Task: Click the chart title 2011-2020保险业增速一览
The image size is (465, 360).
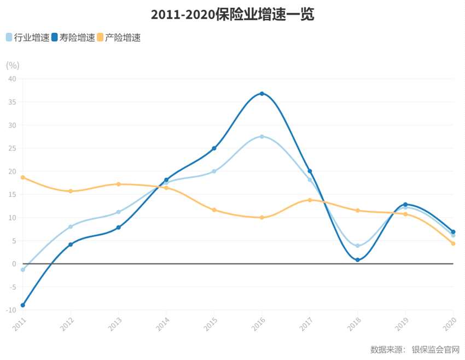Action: pyautogui.click(x=233, y=15)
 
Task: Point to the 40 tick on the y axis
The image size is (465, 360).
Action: pyautogui.click(x=12, y=79)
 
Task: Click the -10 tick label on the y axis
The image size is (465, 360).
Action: pyautogui.click(x=11, y=310)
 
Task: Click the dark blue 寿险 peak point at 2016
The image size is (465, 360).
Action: pyautogui.click(x=262, y=94)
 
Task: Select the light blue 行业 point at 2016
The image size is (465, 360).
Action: pyautogui.click(x=262, y=136)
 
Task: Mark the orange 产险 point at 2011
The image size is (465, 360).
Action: pyautogui.click(x=22, y=177)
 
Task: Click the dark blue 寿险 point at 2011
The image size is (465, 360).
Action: pyautogui.click(x=22, y=305)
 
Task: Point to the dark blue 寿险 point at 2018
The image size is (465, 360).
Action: pyautogui.click(x=358, y=260)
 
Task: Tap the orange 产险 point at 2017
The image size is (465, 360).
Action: pyautogui.click(x=310, y=200)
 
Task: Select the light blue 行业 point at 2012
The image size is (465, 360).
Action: pyautogui.click(x=71, y=227)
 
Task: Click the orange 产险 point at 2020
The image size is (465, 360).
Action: pyautogui.click(x=453, y=243)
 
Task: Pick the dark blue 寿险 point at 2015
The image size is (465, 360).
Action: pyautogui.click(x=214, y=148)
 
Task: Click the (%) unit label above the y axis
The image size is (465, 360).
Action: pyautogui.click(x=13, y=65)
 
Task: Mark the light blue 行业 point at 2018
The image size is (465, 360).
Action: pyautogui.click(x=358, y=246)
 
